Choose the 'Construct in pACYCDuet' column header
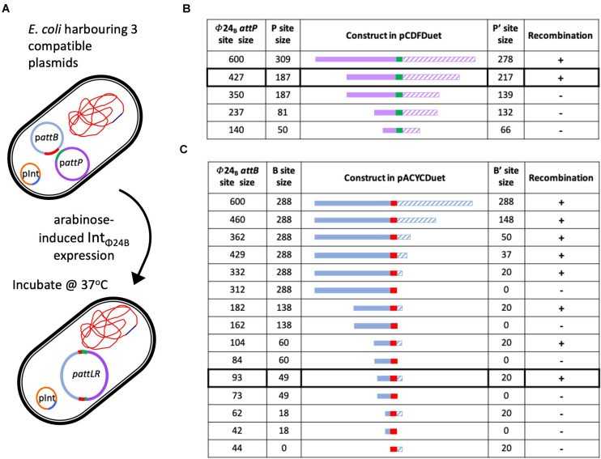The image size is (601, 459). click(395, 177)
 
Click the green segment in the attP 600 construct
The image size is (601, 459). click(399, 58)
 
